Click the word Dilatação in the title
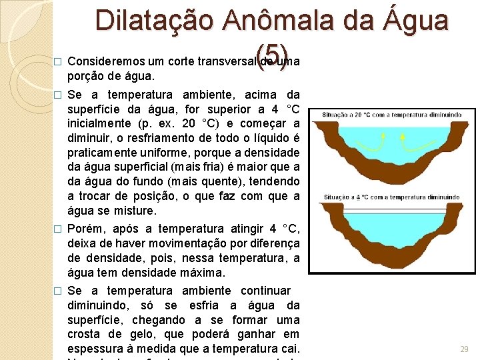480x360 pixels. tap(153, 20)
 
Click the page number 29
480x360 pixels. tap(464, 349)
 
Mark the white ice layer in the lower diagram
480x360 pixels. tap(393, 209)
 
